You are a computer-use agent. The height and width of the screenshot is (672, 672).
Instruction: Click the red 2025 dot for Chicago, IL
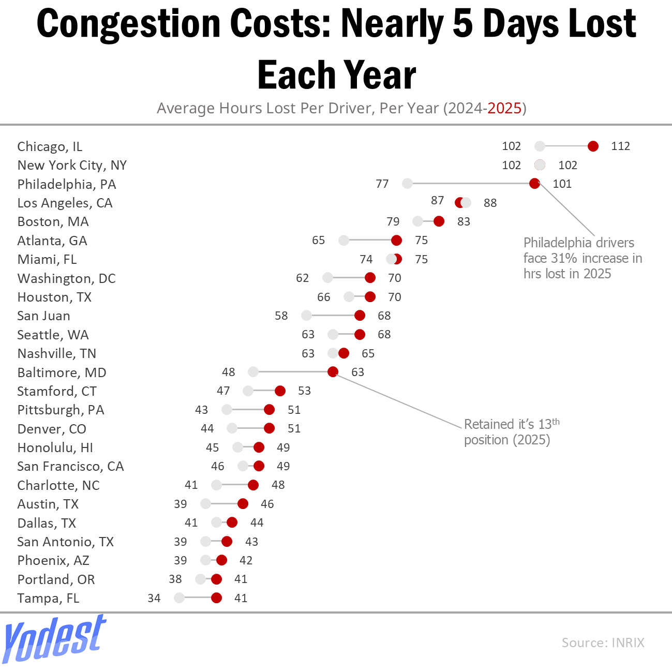[593, 146]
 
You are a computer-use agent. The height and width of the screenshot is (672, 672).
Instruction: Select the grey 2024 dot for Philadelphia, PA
[407, 184]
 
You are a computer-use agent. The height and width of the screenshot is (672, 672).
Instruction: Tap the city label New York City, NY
[72, 165]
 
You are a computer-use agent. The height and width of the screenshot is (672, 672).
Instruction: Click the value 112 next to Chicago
[620, 146]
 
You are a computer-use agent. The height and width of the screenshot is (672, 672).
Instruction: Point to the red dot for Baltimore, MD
[333, 372]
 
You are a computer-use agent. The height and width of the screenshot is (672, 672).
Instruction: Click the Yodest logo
[54, 639]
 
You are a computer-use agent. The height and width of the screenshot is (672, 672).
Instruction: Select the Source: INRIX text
[603, 643]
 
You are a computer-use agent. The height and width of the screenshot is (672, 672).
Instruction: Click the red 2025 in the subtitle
[504, 108]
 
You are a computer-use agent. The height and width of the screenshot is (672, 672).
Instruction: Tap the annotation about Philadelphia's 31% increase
[582, 258]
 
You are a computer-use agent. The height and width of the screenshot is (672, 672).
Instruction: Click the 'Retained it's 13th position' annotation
[511, 432]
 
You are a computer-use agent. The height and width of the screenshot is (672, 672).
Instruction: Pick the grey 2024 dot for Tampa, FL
[179, 598]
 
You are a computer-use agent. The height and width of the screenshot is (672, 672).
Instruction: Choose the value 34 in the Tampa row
[154, 598]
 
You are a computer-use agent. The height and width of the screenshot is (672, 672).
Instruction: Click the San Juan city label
[43, 316]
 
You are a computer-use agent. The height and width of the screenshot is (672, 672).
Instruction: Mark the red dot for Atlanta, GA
[396, 240]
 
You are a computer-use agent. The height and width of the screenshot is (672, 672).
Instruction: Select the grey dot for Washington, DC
[327, 278]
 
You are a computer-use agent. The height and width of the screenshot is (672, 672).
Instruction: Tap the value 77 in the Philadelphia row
[382, 184]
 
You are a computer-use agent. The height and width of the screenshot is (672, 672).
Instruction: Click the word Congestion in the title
[129, 24]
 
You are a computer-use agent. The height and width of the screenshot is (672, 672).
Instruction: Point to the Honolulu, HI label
[55, 447]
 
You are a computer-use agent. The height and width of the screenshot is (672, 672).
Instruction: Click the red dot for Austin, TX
[243, 504]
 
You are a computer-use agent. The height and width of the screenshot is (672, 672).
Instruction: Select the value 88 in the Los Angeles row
[490, 203]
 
